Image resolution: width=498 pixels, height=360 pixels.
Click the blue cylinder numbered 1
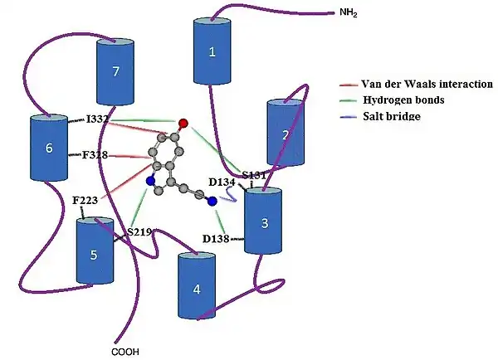(x=212, y=52)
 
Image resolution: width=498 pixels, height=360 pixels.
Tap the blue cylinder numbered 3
(x=264, y=222)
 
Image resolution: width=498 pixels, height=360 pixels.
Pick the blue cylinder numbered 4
(x=197, y=288)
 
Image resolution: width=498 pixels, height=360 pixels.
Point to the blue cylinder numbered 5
(x=94, y=253)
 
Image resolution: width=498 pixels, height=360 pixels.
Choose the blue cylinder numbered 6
(x=48, y=148)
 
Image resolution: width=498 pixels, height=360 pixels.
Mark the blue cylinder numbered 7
(x=115, y=72)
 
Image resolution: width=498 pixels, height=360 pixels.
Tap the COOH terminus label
(x=125, y=351)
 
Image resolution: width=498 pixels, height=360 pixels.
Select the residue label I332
(x=98, y=120)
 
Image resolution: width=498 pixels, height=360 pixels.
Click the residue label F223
(x=85, y=201)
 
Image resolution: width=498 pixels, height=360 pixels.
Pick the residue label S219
(x=139, y=232)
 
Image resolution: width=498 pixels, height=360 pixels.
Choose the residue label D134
(x=222, y=182)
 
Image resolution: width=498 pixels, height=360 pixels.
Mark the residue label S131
(x=253, y=174)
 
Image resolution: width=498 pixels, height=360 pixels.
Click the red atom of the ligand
(x=183, y=124)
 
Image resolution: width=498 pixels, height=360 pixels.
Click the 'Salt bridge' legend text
(x=391, y=117)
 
